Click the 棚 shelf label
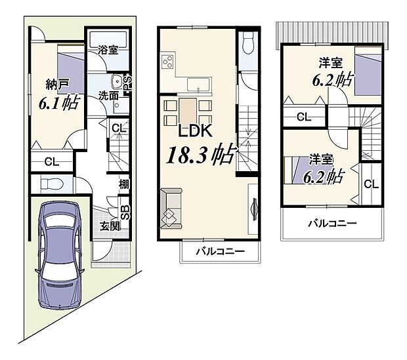coord(123,185)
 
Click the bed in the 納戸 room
coord(70,73)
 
